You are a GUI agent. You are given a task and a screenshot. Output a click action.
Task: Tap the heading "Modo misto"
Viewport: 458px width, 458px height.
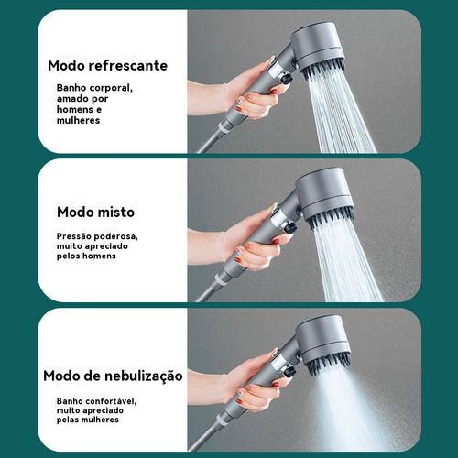click(95, 212)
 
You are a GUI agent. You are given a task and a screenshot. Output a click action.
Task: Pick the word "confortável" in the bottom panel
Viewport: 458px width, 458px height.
click(112, 399)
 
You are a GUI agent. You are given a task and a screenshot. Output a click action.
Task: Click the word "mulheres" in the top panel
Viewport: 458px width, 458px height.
click(78, 120)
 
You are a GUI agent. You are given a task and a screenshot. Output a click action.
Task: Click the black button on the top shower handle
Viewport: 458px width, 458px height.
click(287, 81)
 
